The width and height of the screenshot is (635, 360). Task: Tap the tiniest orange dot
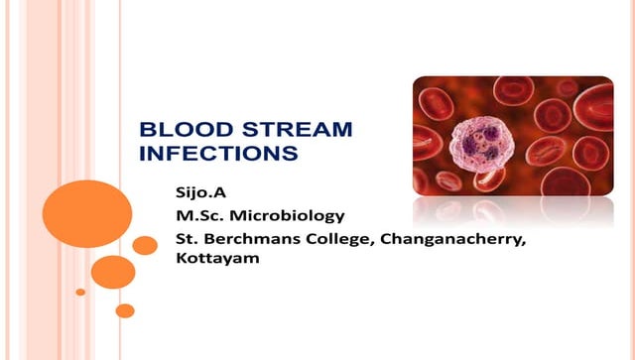tap(80, 292)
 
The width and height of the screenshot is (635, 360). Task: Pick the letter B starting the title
tap(146, 130)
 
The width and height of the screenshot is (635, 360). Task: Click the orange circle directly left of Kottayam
tap(113, 271)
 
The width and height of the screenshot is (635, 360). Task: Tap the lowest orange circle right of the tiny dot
tap(125, 310)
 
